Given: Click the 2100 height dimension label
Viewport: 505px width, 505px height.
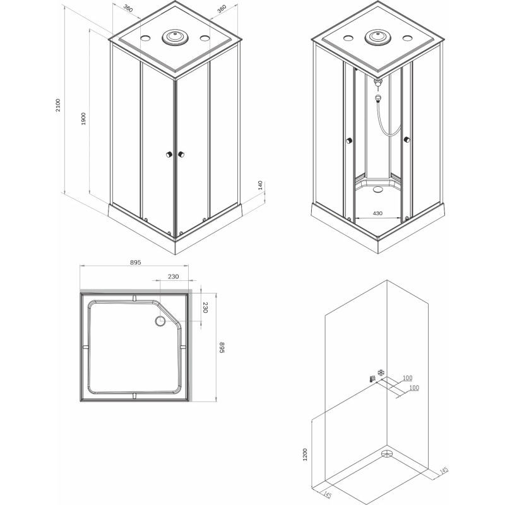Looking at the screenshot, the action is [x=58, y=105].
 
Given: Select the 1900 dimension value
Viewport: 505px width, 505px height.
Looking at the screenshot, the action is [x=83, y=119].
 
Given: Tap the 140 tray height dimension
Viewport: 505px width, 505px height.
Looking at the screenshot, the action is [x=261, y=186].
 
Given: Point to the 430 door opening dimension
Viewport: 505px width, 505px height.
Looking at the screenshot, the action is [x=377, y=213].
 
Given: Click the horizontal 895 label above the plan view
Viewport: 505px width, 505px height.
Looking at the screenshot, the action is [x=136, y=263].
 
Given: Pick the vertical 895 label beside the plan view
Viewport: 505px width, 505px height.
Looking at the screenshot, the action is [x=222, y=348].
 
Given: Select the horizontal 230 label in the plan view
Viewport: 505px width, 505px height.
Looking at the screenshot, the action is [x=173, y=276].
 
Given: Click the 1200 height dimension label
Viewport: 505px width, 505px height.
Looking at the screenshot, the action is [x=305, y=454].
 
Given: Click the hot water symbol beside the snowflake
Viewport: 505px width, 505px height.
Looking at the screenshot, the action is [x=373, y=378].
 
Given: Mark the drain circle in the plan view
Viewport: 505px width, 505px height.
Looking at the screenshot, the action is [x=160, y=321].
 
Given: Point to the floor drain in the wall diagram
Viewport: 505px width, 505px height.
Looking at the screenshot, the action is [x=386, y=454].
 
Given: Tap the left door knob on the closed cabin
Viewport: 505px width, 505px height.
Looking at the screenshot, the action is [x=169, y=155].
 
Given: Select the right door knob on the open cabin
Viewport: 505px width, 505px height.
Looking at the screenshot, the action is [x=407, y=140].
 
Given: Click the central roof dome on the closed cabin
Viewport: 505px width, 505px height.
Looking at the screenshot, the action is [x=175, y=37].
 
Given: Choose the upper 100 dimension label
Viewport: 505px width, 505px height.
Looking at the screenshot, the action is [x=407, y=377].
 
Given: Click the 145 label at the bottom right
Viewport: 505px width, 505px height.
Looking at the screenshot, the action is [x=444, y=470].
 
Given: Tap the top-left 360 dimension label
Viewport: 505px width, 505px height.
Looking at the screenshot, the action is [x=128, y=9].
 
